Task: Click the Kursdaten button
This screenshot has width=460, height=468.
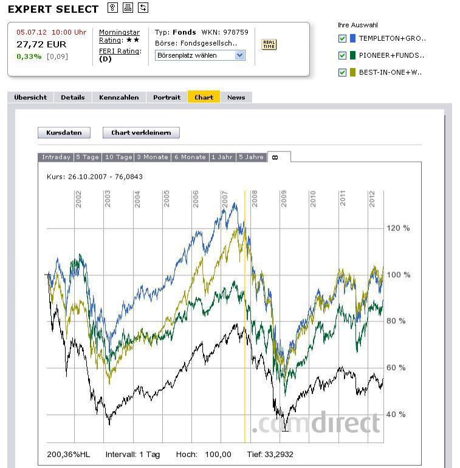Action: click(64, 132)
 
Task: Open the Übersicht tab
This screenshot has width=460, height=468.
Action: click(30, 97)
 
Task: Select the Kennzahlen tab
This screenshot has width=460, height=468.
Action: click(119, 97)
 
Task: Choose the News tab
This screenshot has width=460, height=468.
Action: click(236, 97)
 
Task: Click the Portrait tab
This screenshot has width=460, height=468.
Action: click(166, 97)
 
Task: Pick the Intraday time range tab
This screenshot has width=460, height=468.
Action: click(56, 157)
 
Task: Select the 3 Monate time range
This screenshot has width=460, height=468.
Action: click(152, 157)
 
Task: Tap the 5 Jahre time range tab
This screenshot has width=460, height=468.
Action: click(251, 157)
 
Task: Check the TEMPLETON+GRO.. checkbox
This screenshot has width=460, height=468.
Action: click(343, 38)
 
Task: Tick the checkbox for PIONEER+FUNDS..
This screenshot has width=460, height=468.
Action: click(343, 55)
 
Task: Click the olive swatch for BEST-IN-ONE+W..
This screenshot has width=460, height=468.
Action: click(352, 72)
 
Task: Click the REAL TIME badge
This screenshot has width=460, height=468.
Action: click(269, 44)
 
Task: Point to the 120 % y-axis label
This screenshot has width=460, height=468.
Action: click(398, 229)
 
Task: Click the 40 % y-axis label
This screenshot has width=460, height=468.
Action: click(396, 415)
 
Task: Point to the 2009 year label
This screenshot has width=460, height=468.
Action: click(283, 199)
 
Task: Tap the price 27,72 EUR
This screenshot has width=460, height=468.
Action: click(41, 44)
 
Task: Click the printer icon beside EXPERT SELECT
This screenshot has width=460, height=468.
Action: click(128, 8)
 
